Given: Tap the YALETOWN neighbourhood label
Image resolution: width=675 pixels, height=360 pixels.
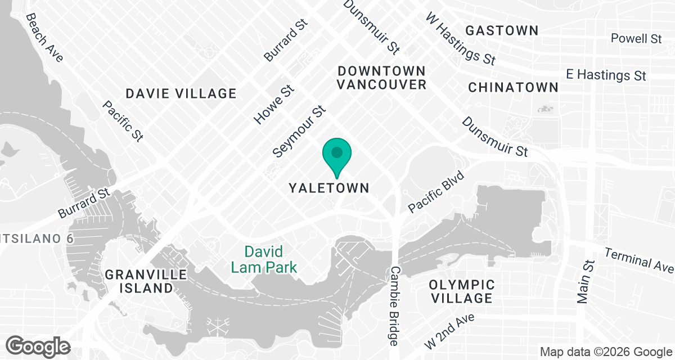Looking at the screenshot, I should click(x=329, y=188).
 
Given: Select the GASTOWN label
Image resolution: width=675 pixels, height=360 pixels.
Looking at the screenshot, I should click(x=502, y=30).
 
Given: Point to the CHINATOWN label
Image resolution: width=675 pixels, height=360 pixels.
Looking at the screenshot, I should click(x=513, y=87).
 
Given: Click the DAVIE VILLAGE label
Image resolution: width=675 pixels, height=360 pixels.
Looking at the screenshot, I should click(x=181, y=93).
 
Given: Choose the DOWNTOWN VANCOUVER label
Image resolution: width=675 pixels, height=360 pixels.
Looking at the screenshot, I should click(x=381, y=78).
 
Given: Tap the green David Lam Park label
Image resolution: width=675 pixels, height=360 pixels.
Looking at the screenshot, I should click(x=263, y=259).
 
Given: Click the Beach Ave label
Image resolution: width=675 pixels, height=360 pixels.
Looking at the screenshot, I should click(x=44, y=38).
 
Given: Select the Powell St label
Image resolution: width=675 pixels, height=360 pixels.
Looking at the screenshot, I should click(x=636, y=38).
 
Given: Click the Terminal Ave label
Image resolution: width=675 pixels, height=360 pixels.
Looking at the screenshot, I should click(x=639, y=258).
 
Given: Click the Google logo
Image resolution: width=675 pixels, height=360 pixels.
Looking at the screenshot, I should click(x=38, y=345).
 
